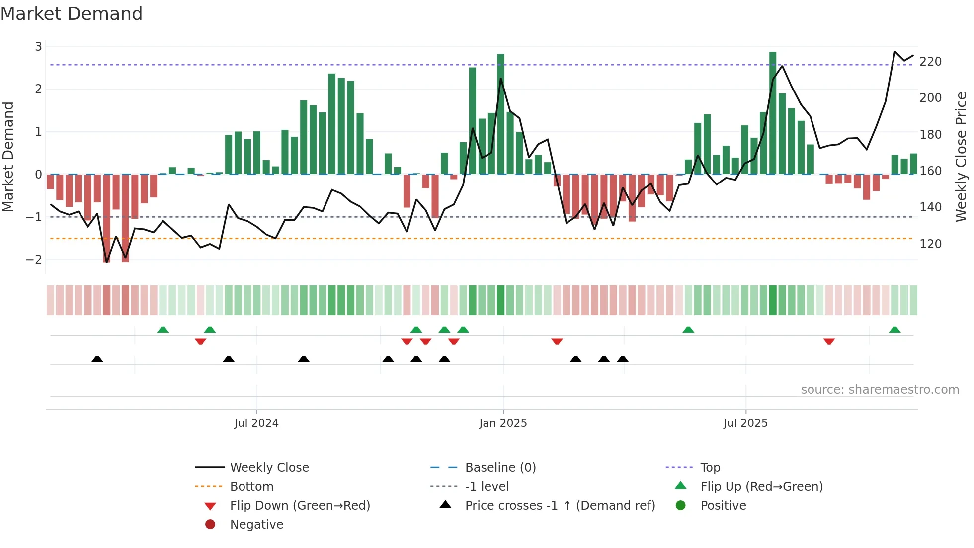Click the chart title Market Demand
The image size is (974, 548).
(72, 14)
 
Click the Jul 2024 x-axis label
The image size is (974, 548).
(256, 423)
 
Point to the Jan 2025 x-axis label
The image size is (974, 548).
(503, 423)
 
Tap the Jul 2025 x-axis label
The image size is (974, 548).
(745, 423)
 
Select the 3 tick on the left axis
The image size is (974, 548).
(38, 47)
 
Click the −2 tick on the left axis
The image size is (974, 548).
(34, 260)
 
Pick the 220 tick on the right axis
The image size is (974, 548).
(930, 62)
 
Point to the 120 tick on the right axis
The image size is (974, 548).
(930, 244)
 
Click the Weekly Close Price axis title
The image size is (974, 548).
(961, 157)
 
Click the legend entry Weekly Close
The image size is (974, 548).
(269, 468)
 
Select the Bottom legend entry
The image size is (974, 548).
(251, 487)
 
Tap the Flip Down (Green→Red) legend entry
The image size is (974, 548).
(300, 506)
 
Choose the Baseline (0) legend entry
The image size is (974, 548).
(500, 468)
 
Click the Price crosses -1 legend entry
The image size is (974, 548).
(560, 506)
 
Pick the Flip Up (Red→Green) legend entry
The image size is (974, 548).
(761, 487)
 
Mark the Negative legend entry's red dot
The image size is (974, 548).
(210, 525)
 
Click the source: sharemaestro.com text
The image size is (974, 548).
(880, 390)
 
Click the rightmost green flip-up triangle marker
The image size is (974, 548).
(894, 330)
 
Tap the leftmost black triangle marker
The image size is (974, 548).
(97, 359)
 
